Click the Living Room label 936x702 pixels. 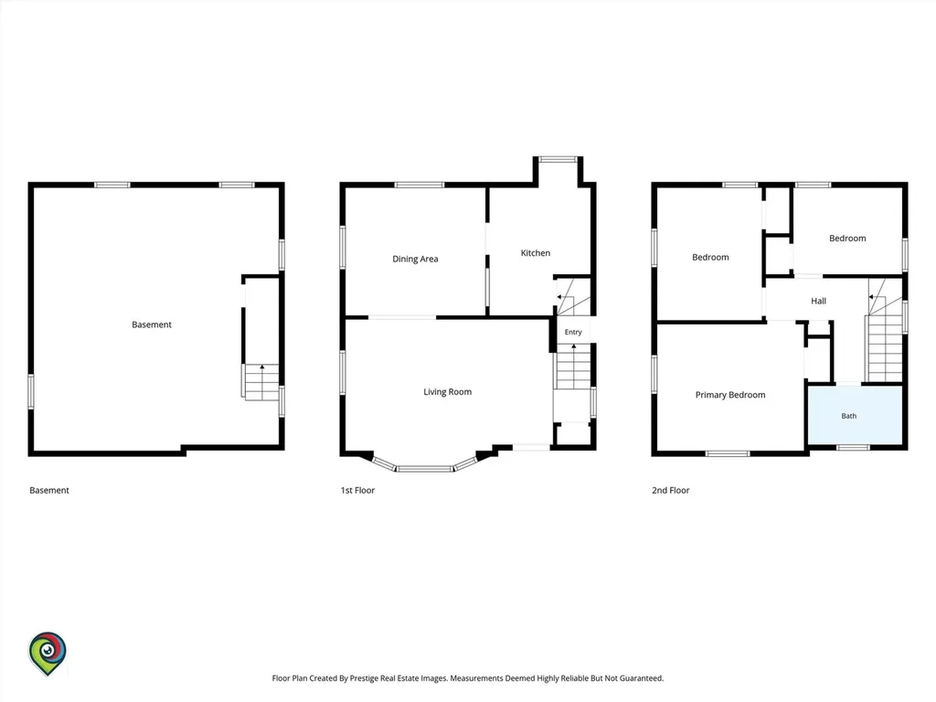point(447,391)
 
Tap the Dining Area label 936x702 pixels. point(415,259)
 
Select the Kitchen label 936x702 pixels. point(535,252)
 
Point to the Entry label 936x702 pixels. point(573,332)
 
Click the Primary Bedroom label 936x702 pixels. point(730,395)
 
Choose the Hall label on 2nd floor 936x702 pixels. point(818,301)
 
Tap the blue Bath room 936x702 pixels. point(855,415)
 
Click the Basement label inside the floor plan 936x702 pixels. point(152,324)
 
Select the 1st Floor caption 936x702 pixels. point(357,490)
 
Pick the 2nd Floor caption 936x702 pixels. point(670,490)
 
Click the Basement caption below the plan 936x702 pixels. point(49,490)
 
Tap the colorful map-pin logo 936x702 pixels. point(48,654)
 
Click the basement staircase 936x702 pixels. point(261,382)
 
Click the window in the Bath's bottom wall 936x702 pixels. point(853,447)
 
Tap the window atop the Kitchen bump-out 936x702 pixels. point(558,159)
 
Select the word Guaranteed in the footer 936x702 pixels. point(641,678)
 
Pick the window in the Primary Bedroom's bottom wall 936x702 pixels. point(728,453)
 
